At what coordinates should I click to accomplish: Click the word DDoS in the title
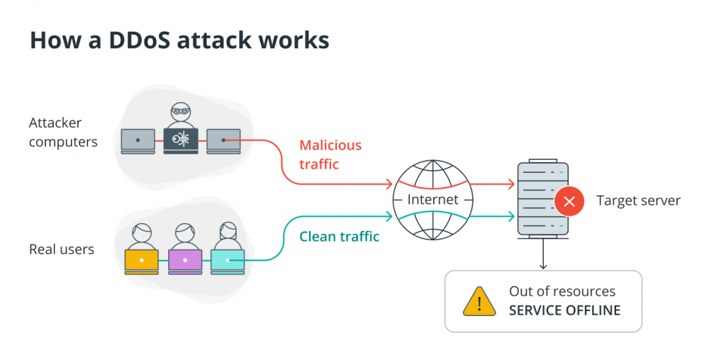(x=140, y=40)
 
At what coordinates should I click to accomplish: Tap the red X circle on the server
(x=569, y=201)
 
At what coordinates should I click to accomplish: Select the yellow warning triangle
(x=479, y=301)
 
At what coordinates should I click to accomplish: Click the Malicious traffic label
(x=330, y=154)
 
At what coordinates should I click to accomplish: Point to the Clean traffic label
(x=339, y=236)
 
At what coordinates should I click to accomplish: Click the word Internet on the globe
(x=432, y=199)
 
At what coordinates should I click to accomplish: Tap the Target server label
(x=638, y=201)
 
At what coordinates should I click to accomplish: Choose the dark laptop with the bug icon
(x=181, y=141)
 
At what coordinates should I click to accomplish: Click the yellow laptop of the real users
(x=142, y=261)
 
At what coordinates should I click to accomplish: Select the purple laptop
(x=185, y=261)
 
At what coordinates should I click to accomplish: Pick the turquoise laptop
(x=228, y=261)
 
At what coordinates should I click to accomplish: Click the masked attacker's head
(x=181, y=112)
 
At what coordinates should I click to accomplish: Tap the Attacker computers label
(x=63, y=132)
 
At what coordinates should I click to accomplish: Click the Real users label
(x=62, y=249)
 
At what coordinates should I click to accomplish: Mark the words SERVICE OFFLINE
(x=565, y=310)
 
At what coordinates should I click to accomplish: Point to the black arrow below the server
(x=543, y=254)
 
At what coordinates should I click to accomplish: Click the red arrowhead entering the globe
(x=389, y=184)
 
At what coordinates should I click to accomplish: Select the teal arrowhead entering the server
(x=511, y=216)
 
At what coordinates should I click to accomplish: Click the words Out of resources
(x=562, y=291)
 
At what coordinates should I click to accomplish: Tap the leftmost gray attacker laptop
(x=138, y=141)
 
